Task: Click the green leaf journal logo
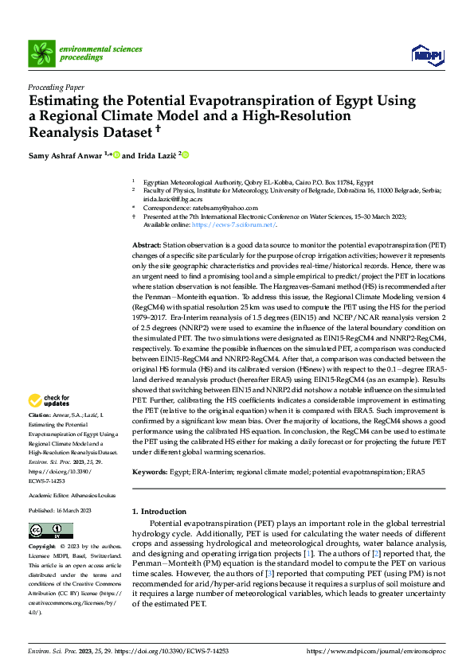pyautogui.click(x=40, y=53)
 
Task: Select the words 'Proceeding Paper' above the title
pyautogui.click(x=55, y=88)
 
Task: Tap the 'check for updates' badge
pyautogui.click(x=49, y=400)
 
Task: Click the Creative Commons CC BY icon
pyautogui.click(x=46, y=530)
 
